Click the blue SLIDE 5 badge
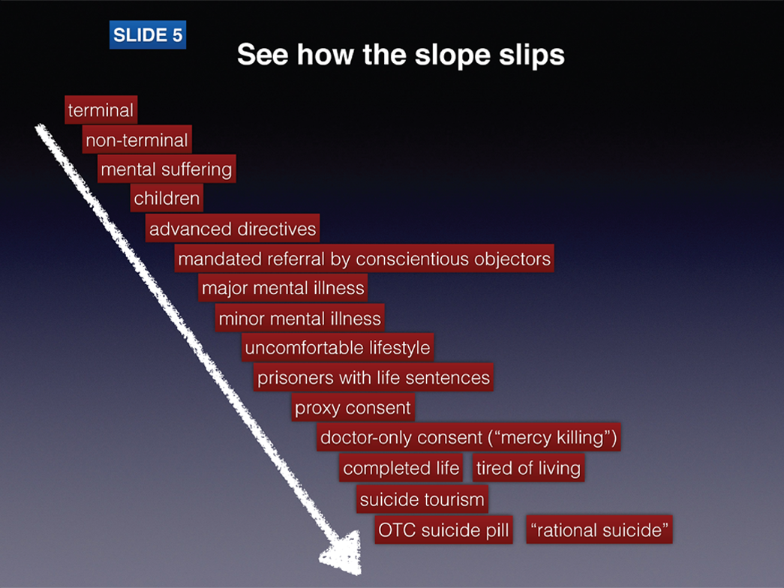coord(148,34)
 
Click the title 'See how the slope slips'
coord(401,55)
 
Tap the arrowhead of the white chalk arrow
coord(344,553)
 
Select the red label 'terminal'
coord(101,109)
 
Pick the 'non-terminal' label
coord(137,139)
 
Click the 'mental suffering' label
coord(167,169)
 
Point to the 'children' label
coord(167,198)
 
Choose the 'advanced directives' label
coord(233,229)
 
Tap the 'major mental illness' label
coord(283,287)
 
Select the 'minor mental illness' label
coord(300,318)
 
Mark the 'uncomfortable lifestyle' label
coord(338,347)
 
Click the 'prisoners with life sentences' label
coord(374,377)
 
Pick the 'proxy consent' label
coord(353,407)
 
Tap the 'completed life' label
coord(401,467)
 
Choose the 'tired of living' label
coord(528,467)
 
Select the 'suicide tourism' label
coord(422,499)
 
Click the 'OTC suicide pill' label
coord(443,529)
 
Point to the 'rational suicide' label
coord(599,529)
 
